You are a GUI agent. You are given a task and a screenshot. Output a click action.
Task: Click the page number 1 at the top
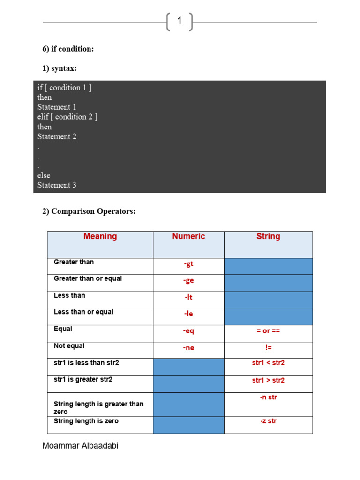pos(179,21)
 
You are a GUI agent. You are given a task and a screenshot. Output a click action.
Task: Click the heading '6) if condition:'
pos(68,49)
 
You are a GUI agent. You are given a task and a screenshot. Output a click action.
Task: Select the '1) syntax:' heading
pos(60,68)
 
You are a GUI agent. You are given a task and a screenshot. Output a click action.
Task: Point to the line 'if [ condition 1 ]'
pos(64,88)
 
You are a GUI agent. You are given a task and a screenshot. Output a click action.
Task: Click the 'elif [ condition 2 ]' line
pos(67,117)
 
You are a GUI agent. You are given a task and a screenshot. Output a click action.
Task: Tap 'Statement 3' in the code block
pos(57,185)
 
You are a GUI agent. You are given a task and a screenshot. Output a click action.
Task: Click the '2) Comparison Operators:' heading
pos(89,211)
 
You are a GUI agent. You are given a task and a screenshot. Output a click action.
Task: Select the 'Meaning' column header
pos(100,236)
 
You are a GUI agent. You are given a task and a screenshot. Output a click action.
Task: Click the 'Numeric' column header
pos(188,236)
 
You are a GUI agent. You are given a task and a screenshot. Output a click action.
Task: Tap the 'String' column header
pos(268,236)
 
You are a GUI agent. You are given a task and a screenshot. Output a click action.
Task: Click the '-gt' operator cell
pos(188,264)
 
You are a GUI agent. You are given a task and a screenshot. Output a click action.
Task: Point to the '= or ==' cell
pos(268,331)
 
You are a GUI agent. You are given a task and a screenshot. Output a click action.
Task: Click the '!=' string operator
pos(268,348)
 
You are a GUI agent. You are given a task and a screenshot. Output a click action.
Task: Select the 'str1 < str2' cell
pos(268,363)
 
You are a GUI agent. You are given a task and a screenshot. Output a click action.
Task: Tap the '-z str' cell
pos(268,421)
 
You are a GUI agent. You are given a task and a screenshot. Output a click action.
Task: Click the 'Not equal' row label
pos(69,346)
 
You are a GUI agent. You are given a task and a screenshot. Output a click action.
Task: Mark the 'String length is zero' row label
pos(86,421)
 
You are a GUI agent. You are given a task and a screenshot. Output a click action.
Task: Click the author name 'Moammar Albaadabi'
pos(80,446)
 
